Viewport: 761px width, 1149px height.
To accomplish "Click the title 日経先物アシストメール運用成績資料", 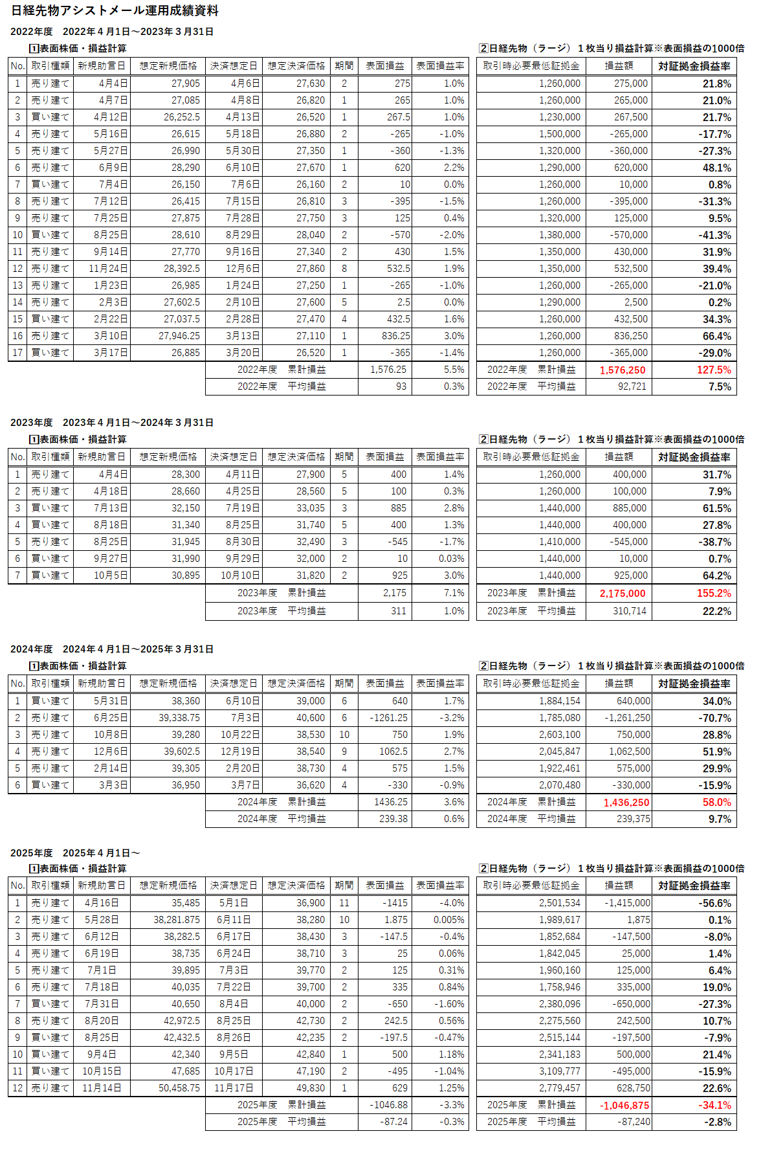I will pyautogui.click(x=115, y=10).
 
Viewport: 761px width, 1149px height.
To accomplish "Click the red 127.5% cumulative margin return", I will pyautogui.click(x=714, y=370).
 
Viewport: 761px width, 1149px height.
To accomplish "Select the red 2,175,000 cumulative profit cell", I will pyautogui.click(x=622, y=593).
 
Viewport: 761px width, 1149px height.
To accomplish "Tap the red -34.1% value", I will pyautogui.click(x=714, y=1105).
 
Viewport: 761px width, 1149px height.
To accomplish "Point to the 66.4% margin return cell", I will pyautogui.click(x=716, y=336).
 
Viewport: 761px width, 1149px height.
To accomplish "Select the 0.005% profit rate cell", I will pyautogui.click(x=448, y=920).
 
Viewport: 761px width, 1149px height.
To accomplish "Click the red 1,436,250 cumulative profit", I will pyautogui.click(x=626, y=802).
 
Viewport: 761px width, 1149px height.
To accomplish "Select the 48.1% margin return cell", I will pyautogui.click(x=716, y=168).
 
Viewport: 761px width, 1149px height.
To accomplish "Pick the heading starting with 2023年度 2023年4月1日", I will pyautogui.click(x=111, y=423).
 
